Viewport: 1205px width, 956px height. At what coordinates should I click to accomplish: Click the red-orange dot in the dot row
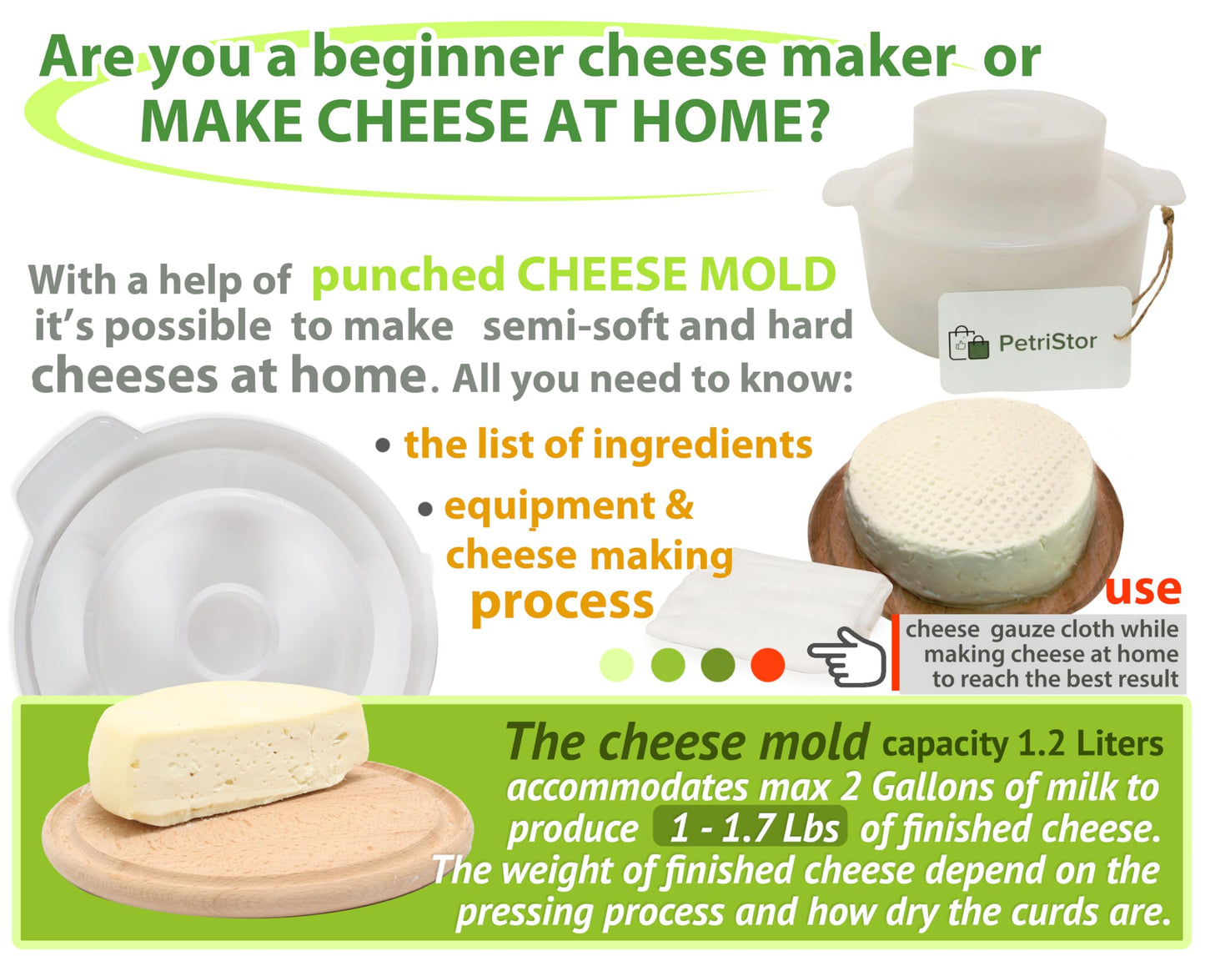[767, 665]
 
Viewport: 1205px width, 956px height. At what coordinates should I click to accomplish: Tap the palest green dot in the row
[616, 665]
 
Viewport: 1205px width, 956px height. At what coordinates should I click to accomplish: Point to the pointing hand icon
[846, 657]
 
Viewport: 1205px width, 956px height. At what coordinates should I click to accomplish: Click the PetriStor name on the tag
[1047, 342]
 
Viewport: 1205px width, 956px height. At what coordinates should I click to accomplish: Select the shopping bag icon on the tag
[968, 343]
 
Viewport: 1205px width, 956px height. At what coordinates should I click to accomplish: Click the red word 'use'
[1142, 589]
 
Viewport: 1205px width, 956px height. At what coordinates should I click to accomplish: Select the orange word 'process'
[561, 601]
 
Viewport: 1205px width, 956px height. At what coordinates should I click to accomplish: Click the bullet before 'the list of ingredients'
[383, 445]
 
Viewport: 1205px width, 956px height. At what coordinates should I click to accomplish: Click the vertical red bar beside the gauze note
[895, 652]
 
